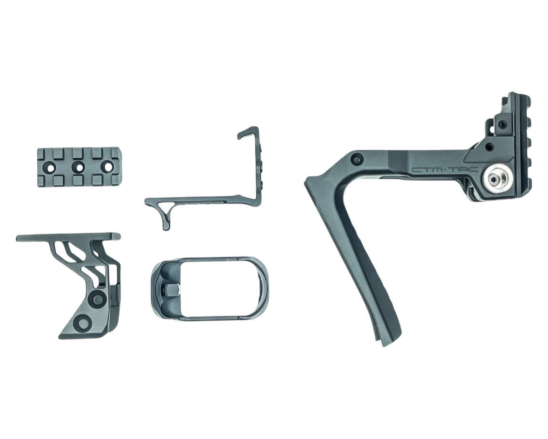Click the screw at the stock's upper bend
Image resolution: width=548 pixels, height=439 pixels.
pyautogui.click(x=357, y=159)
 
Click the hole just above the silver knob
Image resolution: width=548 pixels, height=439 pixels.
pyautogui.click(x=491, y=146)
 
